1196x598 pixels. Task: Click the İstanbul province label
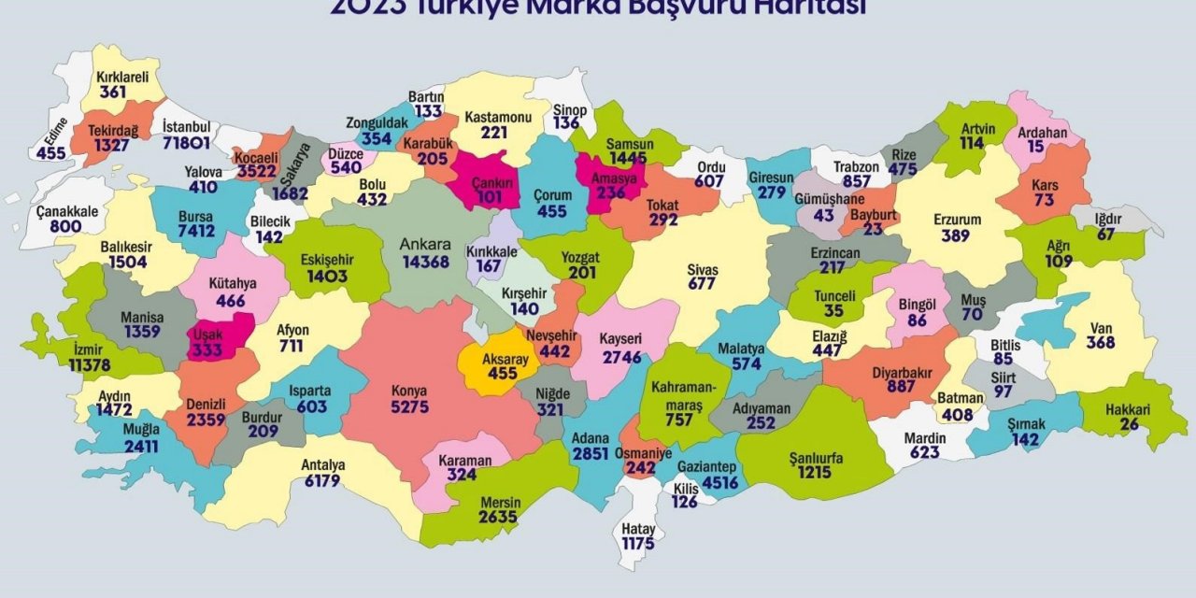pos(187,127)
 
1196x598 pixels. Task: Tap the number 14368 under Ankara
pos(427,262)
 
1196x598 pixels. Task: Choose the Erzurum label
pos(957,221)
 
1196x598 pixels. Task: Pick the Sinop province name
pos(570,109)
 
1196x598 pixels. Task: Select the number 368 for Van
pos(1101,343)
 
